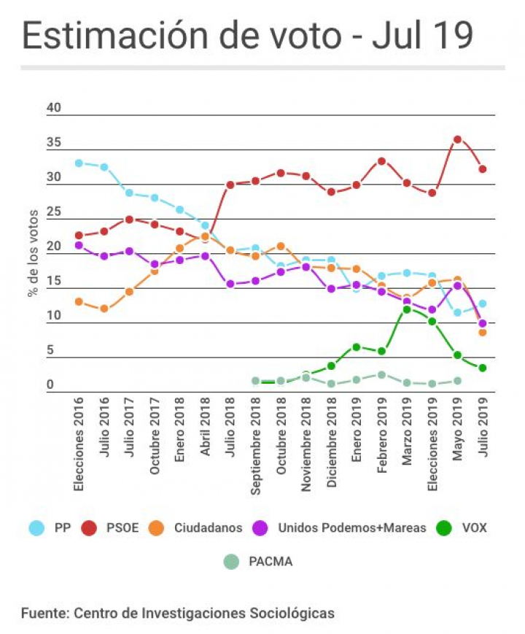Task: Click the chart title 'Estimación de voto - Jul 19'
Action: (247, 36)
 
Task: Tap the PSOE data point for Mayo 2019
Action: (457, 139)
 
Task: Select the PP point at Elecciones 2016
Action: (79, 163)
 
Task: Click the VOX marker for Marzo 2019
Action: (407, 309)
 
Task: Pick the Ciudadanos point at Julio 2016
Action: (104, 309)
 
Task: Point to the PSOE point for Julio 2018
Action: (230, 185)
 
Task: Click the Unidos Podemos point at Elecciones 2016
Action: (79, 245)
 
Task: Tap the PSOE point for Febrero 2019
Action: (381, 161)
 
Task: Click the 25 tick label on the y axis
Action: (55, 212)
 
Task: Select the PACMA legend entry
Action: (262, 562)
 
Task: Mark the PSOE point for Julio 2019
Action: (483, 169)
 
